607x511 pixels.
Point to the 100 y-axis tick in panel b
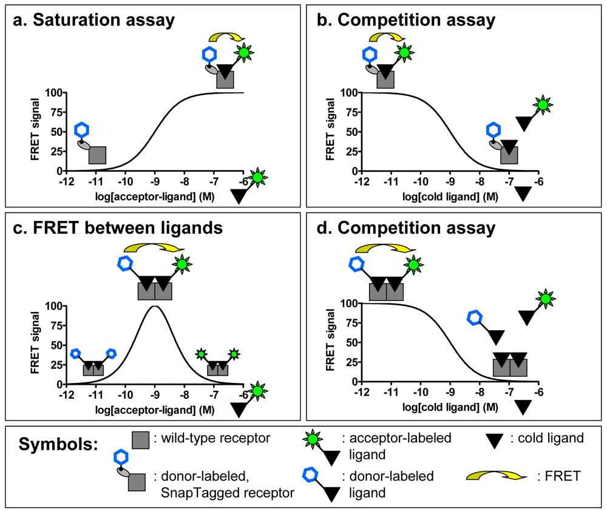(x=348, y=92)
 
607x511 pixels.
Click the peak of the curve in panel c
(x=156, y=306)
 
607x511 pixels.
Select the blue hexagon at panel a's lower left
(x=82, y=130)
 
